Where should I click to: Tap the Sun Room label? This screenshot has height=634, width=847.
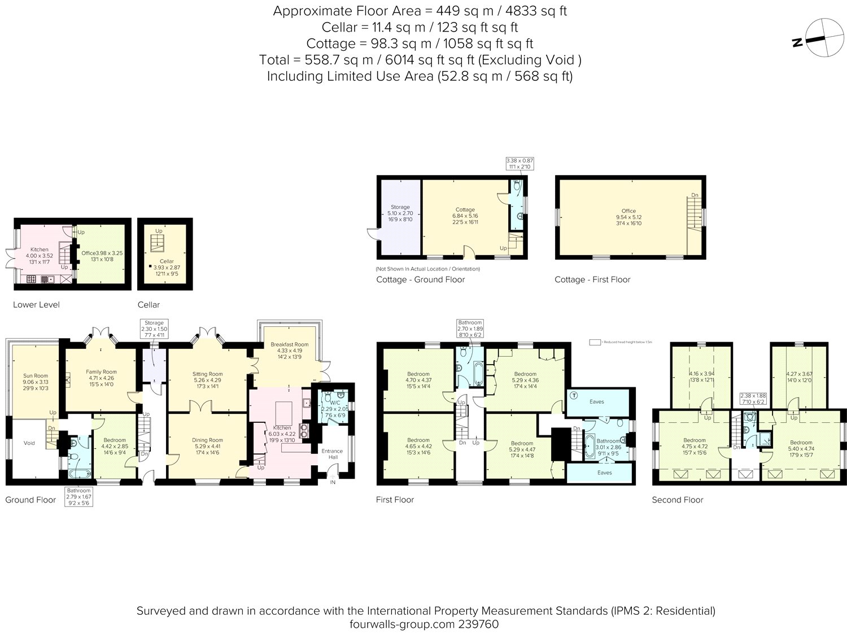35,375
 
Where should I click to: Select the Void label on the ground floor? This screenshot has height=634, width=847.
29,443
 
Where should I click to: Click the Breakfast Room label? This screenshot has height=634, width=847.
289,344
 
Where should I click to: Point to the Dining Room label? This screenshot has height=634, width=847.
207,440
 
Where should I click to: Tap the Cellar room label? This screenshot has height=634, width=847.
167,261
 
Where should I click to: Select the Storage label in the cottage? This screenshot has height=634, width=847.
400,207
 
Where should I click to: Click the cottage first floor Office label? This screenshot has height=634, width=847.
628,211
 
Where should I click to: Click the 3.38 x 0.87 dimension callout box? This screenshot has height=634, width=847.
519,164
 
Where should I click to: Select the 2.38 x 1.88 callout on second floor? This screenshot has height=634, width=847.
753,398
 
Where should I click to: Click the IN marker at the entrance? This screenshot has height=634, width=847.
333,482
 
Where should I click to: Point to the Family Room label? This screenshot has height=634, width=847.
101,371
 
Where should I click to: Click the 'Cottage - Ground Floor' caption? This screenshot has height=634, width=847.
420,279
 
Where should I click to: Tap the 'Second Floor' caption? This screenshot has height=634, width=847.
677,500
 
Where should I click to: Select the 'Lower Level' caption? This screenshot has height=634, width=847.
36,305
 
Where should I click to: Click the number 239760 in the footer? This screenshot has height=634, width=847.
479,624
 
